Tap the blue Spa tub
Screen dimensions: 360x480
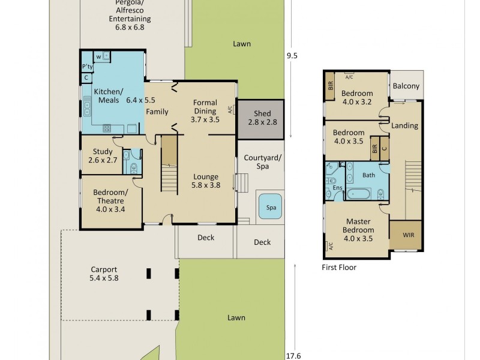[271, 207]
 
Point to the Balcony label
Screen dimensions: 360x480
[406, 86]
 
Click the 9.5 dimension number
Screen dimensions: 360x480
[292, 56]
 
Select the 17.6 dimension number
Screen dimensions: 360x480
[293, 355]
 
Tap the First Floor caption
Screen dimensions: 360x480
[339, 268]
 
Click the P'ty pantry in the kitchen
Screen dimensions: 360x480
[87, 67]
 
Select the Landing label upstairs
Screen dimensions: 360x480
[404, 126]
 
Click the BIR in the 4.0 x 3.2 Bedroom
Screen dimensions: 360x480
[331, 85]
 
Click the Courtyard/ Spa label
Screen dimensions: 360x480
[262, 162]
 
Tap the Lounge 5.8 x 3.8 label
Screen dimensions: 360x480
[206, 181]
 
